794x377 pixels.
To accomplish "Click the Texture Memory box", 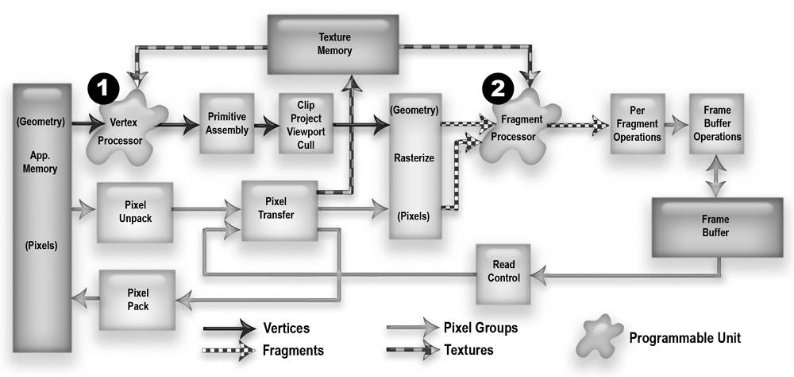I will click(x=334, y=44).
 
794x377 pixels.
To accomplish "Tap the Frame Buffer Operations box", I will click(x=715, y=124).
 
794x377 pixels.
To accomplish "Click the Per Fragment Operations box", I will click(x=636, y=124).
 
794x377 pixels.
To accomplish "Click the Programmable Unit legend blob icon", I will click(x=601, y=334).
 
